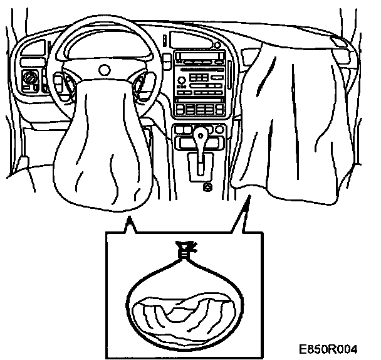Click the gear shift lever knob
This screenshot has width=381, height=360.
201,135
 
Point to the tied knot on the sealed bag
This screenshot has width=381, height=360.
184,248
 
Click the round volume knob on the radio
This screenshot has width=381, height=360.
182,80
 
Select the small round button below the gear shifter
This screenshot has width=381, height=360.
206,186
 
